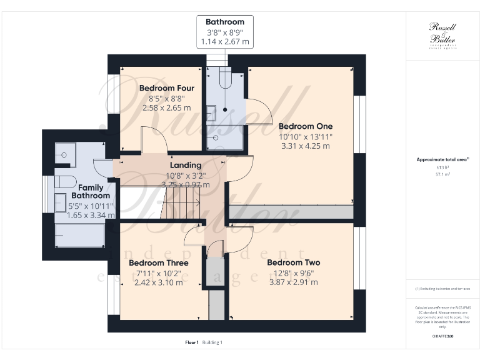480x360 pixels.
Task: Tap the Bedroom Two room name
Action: (x=293, y=262)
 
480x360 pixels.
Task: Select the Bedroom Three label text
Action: (x=159, y=262)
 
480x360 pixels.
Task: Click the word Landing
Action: (x=186, y=165)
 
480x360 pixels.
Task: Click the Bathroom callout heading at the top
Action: (x=225, y=22)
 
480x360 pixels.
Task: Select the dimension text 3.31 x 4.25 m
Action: (x=305, y=146)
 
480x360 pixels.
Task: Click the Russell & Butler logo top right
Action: (x=443, y=34)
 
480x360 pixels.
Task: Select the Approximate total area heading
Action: (x=443, y=159)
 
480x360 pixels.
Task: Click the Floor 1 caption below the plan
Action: (x=192, y=342)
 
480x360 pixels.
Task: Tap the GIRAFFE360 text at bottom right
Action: (x=443, y=336)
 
